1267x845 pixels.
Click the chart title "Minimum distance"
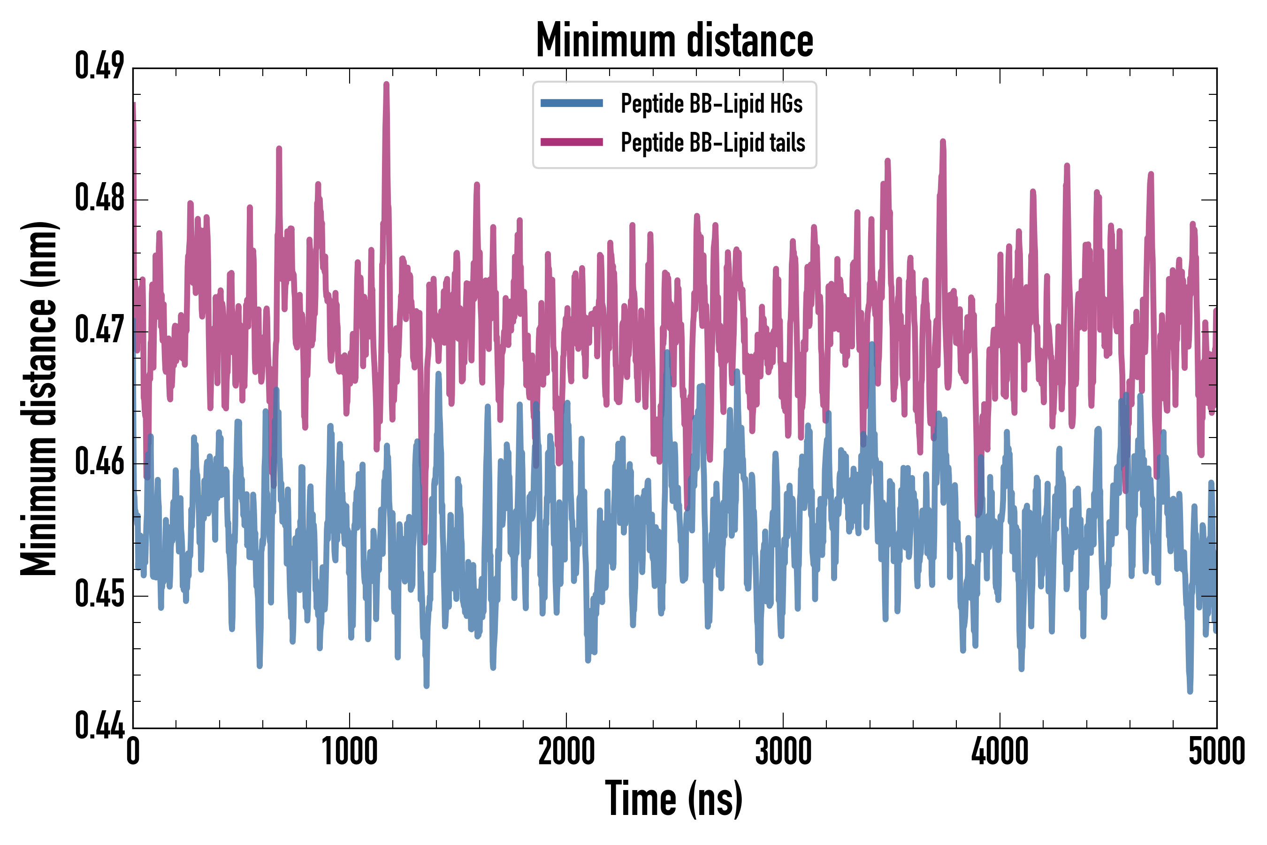click(x=674, y=40)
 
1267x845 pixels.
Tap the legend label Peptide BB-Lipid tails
click(x=713, y=143)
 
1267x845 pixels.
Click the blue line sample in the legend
click(x=572, y=103)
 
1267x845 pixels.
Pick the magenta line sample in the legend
click(x=572, y=142)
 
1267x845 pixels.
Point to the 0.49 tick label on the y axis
click(x=99, y=66)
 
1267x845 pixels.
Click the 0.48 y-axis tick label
click(x=99, y=198)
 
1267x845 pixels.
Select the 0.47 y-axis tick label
click(x=99, y=330)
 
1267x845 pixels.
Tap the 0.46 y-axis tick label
click(x=99, y=462)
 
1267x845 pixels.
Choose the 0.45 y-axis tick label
click(x=99, y=594)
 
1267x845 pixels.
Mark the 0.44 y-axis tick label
click(x=99, y=726)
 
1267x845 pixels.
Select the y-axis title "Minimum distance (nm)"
click(x=39, y=398)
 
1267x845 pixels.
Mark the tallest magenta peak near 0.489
click(x=386, y=84)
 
